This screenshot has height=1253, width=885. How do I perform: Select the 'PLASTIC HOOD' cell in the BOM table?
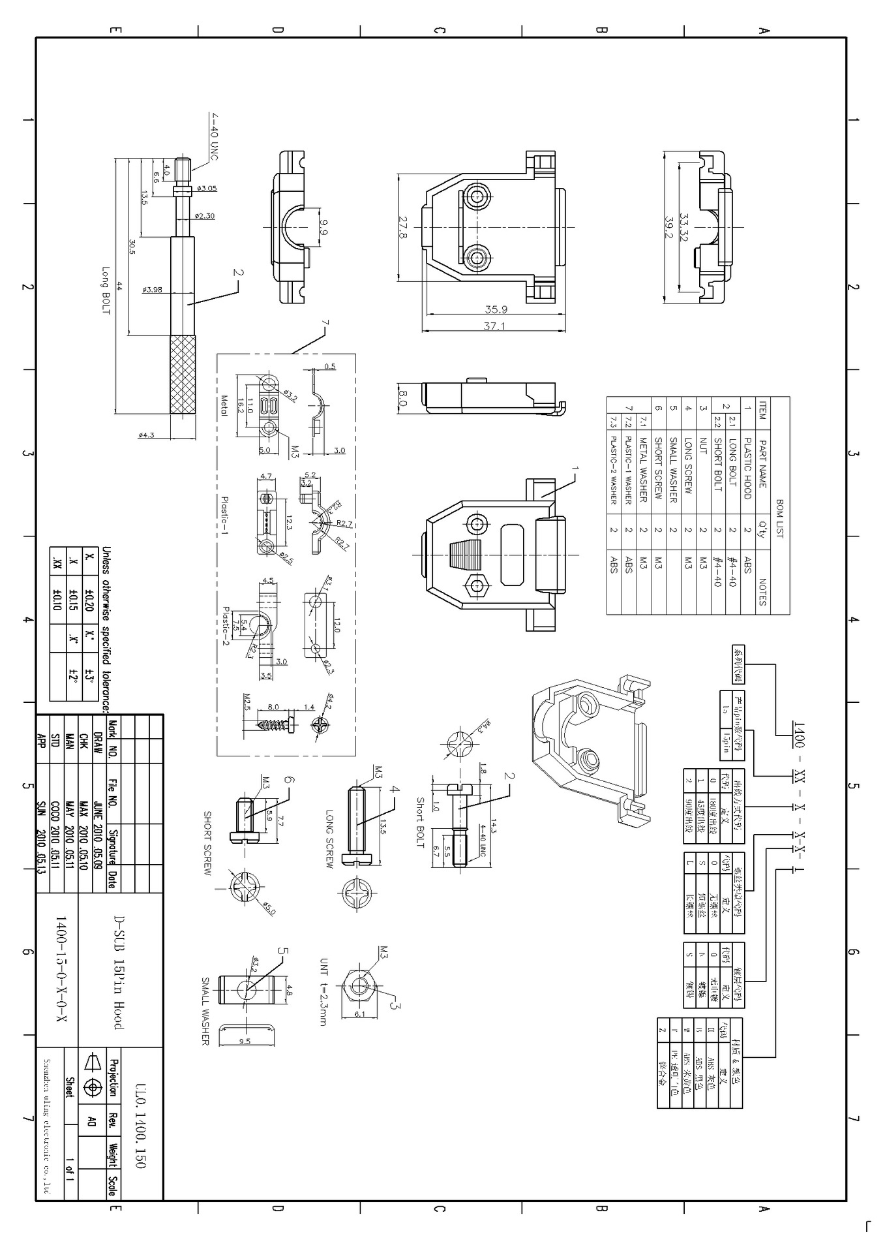[x=747, y=469]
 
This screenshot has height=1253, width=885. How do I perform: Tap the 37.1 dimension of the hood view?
[x=494, y=326]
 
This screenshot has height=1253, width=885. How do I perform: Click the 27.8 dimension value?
[x=402, y=228]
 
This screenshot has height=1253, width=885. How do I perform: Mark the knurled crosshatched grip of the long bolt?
[x=183, y=377]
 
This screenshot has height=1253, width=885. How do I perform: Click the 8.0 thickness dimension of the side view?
[x=402, y=398]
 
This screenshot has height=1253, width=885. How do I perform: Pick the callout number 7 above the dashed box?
[x=325, y=323]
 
